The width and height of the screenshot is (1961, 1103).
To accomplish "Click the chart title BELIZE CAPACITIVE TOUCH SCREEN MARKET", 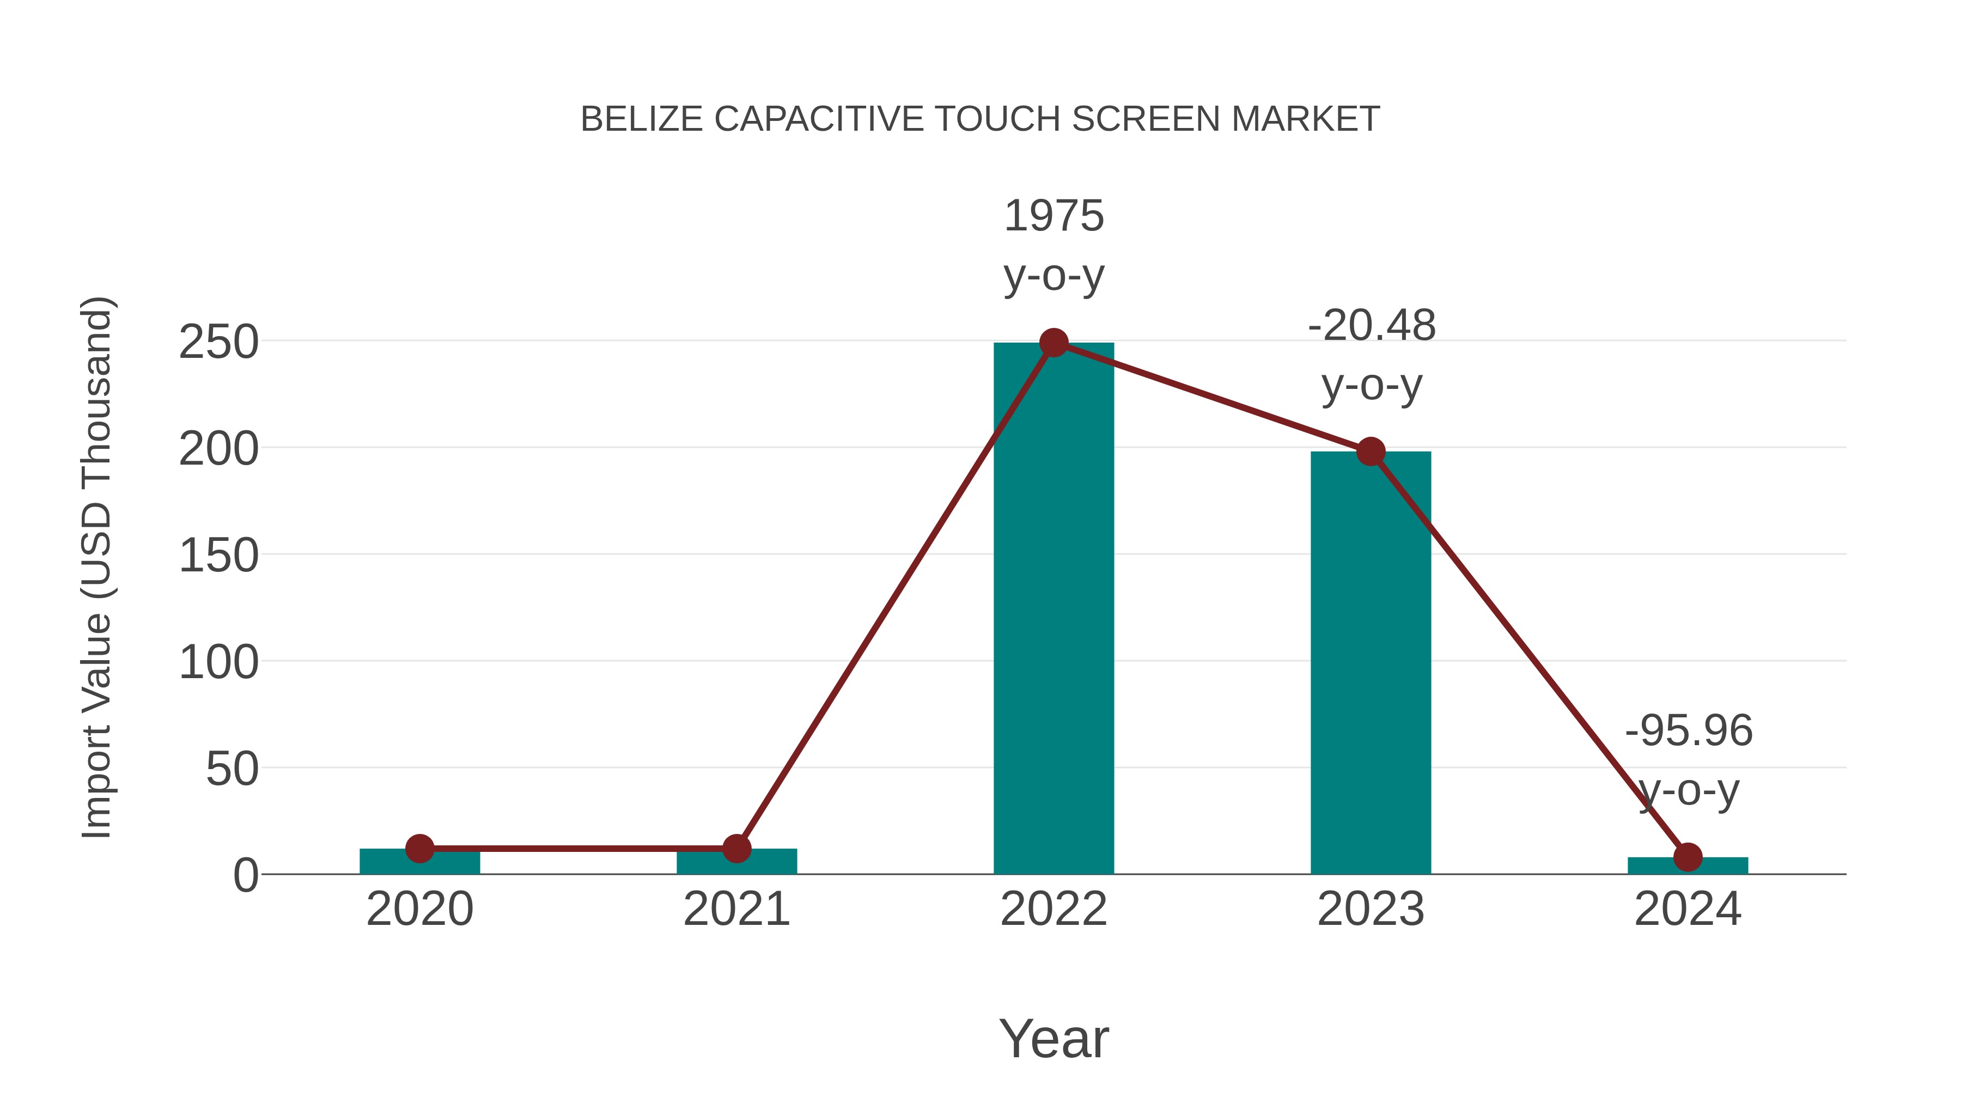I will (980, 119).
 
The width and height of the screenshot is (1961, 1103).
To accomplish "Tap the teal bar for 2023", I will (1371, 670).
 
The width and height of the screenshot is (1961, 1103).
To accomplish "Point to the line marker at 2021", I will (736, 848).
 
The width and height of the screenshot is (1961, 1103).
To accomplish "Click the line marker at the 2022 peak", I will (1053, 343).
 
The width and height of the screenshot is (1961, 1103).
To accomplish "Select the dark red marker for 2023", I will (1371, 452).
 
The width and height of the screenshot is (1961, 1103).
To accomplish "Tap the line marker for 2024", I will (1688, 857).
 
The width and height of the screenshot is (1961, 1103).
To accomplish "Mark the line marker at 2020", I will (419, 848).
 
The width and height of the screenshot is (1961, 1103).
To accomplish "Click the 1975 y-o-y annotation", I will (1053, 245).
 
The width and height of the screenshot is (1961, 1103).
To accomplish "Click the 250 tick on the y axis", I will (218, 343).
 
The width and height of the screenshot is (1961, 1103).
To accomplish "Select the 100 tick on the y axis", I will (218, 663).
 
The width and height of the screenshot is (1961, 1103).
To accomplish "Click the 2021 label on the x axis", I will (736, 910).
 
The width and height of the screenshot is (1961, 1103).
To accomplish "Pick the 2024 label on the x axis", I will (1688, 910).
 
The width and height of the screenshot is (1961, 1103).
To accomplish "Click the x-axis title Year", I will (1053, 1039).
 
